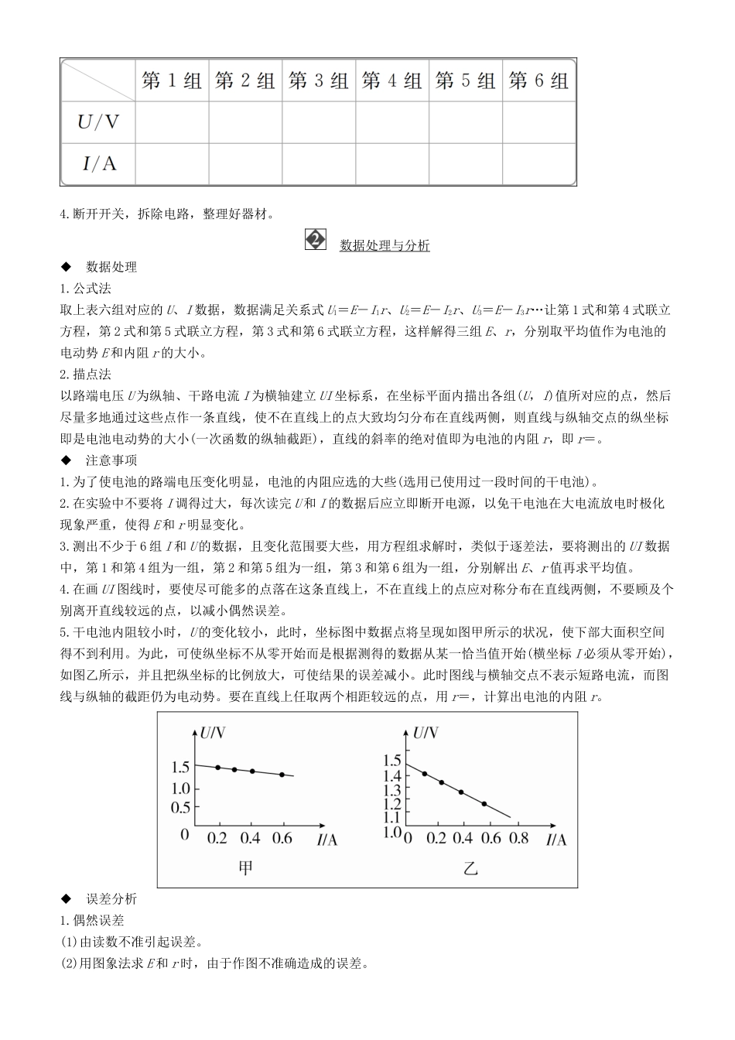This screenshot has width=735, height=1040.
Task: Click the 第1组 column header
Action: (172, 80)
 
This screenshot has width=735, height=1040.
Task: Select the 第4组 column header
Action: (391, 80)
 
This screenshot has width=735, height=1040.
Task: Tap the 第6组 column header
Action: (538, 80)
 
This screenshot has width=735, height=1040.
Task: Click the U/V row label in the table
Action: (98, 121)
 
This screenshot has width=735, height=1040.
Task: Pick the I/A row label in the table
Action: (98, 163)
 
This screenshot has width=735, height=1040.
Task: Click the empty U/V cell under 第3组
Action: (319, 121)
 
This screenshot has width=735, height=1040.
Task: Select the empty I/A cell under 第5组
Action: (466, 163)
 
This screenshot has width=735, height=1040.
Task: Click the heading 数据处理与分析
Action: (385, 245)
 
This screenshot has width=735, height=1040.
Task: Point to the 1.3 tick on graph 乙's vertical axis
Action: (392, 789)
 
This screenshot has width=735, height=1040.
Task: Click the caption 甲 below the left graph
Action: (244, 868)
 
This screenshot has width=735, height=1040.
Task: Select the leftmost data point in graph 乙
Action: (424, 774)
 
